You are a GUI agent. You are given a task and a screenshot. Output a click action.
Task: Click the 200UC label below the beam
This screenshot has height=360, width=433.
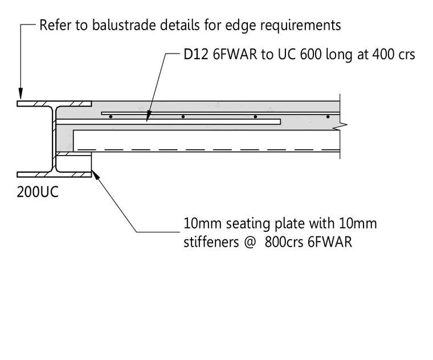[x=38, y=191]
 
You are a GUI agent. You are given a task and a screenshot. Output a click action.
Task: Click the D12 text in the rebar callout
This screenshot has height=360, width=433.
[x=196, y=54]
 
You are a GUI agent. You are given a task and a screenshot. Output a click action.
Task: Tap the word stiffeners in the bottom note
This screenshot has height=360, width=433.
[x=211, y=242]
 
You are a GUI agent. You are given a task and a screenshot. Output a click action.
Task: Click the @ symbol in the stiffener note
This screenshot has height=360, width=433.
[x=250, y=243]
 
